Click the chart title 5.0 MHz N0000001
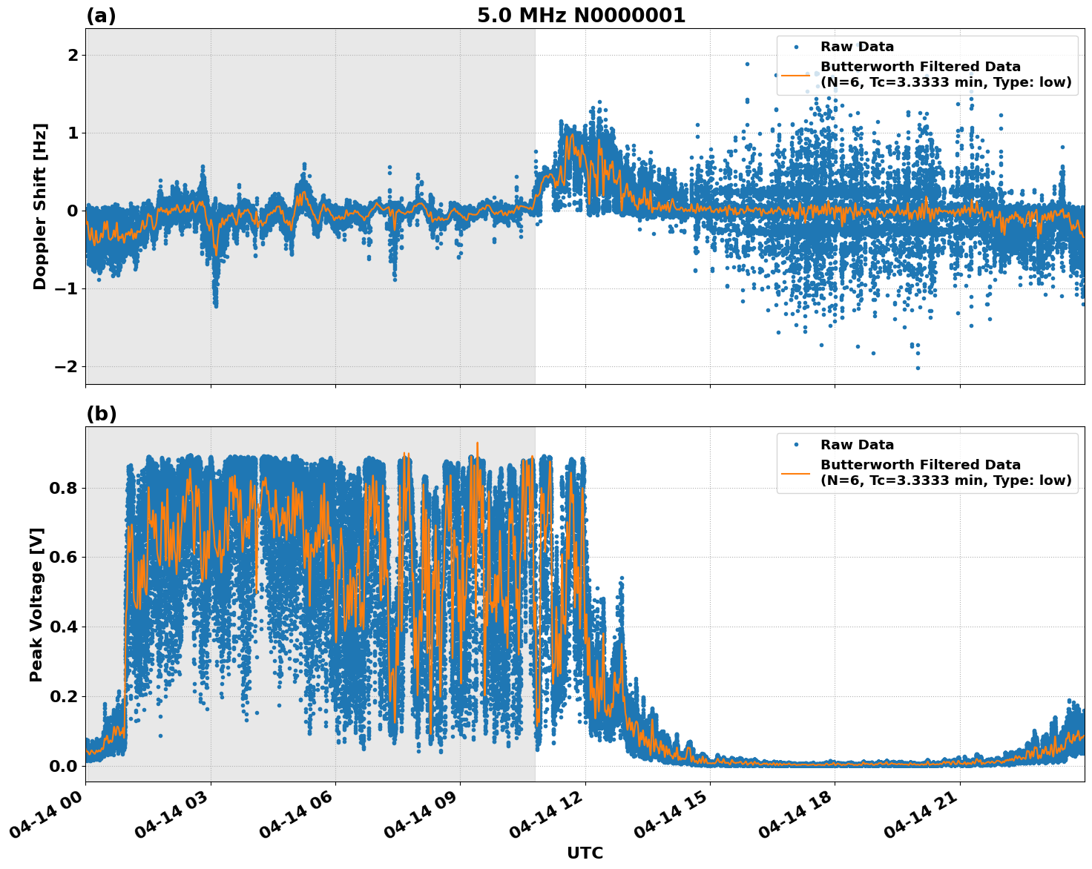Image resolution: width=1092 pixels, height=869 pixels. tap(581, 16)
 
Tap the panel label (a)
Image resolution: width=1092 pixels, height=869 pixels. tap(101, 16)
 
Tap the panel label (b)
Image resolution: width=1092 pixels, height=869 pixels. tap(101, 414)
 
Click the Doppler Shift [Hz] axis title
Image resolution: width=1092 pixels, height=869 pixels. tap(40, 206)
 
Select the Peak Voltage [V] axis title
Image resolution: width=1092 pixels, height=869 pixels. tap(36, 604)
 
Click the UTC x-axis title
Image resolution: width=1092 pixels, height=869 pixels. tap(585, 853)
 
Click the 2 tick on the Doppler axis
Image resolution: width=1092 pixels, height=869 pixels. tap(73, 56)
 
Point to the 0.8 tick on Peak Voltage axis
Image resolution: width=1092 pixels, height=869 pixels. tap(63, 488)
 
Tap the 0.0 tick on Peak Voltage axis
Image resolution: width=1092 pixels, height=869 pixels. tap(63, 766)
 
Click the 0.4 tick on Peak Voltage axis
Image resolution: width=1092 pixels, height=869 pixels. tap(63, 627)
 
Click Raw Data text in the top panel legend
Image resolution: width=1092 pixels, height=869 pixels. tap(857, 47)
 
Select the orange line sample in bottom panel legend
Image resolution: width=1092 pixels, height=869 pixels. tap(795, 472)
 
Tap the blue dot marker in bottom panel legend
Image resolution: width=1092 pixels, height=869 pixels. tap(795, 445)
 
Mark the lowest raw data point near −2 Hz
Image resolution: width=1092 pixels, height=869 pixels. tap(918, 368)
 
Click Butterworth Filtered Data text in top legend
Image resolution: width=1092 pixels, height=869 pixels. tap(920, 67)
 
